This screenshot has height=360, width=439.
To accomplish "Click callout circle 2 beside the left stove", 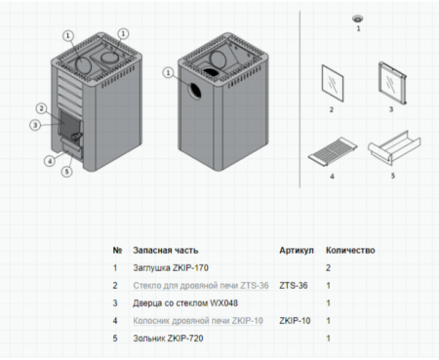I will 41,107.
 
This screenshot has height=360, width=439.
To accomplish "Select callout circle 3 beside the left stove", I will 34,125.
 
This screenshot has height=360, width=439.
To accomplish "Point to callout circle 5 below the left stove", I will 66,172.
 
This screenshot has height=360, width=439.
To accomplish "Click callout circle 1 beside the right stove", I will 171,73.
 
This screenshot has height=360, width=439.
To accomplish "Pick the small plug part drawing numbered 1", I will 357,20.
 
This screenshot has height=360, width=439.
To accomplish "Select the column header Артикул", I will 296,250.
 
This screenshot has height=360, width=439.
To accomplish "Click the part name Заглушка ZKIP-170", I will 172,267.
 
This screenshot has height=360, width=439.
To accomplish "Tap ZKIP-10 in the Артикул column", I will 297,320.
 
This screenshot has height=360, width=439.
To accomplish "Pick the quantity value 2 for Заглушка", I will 329,267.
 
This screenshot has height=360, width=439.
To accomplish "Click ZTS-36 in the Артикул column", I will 294,285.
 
